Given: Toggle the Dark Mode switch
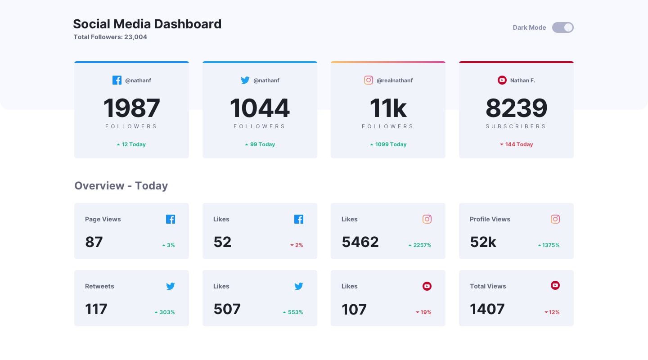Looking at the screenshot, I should tap(562, 27).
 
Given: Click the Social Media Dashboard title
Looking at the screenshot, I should tap(147, 24).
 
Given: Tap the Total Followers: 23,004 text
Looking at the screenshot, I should tap(110, 37).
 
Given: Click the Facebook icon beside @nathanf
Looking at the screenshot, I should tap(117, 80).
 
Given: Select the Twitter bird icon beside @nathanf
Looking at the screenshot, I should tap(245, 80).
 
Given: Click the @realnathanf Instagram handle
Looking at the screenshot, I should tap(394, 81).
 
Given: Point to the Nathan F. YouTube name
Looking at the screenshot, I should tap(522, 81).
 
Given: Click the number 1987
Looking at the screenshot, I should tap(131, 108).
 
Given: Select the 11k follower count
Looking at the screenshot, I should tap(388, 108).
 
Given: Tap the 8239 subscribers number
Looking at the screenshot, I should tap(516, 108).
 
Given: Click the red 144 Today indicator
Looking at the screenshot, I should tap(516, 144).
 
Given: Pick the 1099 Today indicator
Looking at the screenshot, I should tap(388, 144).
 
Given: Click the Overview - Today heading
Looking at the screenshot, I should tap(121, 186).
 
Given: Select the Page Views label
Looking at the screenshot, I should tap(103, 219).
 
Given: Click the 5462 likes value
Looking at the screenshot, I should tap(360, 242).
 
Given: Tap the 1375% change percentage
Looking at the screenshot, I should tap(549, 245).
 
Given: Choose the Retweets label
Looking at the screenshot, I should tap(99, 286).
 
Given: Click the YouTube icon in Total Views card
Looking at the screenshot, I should tap(555, 285).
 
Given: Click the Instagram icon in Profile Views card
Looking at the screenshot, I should tap(555, 219).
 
